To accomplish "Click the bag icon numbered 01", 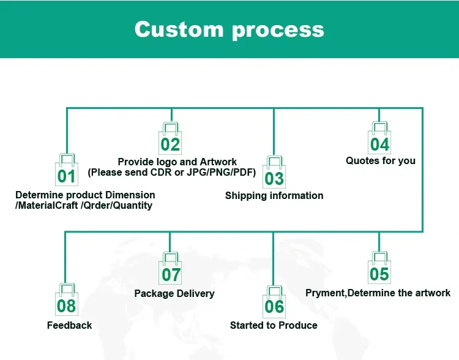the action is pyautogui.click(x=67, y=170).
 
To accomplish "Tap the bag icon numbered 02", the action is pyautogui.click(x=170, y=138).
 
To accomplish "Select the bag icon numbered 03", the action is pyautogui.click(x=274, y=172).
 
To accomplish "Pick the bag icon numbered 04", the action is pyautogui.click(x=379, y=138).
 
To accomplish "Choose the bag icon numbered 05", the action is pyautogui.click(x=379, y=268).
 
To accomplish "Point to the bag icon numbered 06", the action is pyautogui.click(x=274, y=302).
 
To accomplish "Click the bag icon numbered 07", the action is pyautogui.click(x=170, y=268).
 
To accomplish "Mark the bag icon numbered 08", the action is pyautogui.click(x=67, y=299).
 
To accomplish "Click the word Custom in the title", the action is pyautogui.click(x=179, y=29).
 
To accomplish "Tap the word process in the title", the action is pyautogui.click(x=278, y=31).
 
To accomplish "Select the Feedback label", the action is pyautogui.click(x=69, y=325).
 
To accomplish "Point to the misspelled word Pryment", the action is pyautogui.click(x=326, y=293).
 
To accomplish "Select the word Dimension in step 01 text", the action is pyautogui.click(x=130, y=195).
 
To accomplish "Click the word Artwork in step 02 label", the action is pyautogui.click(x=218, y=162).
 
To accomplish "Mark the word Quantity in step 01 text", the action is pyautogui.click(x=133, y=205).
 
